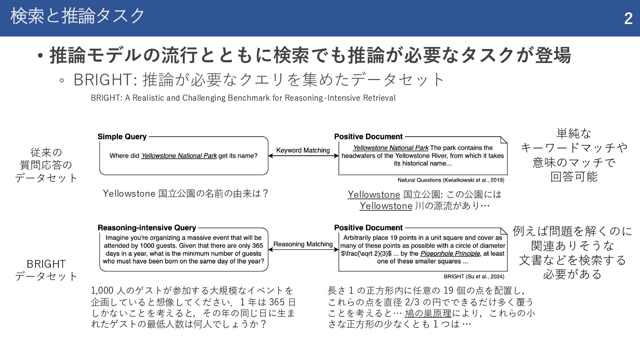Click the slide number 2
tap(628, 18)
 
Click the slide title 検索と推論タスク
tap(77, 16)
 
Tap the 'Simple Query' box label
tap(122, 137)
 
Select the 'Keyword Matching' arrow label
tap(303, 150)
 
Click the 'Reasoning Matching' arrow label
tap(303, 244)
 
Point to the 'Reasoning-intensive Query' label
tap(147, 228)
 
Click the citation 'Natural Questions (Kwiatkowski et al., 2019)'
tap(451, 180)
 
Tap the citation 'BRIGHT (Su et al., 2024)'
tap(474, 276)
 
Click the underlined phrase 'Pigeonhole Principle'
tap(450, 254)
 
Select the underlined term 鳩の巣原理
tap(428, 313)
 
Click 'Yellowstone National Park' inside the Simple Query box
tap(179, 156)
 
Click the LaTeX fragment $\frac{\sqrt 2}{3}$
tap(366, 254)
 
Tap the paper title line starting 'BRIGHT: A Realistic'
tap(243, 98)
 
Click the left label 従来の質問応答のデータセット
tap(46, 165)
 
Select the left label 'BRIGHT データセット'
tap(46, 270)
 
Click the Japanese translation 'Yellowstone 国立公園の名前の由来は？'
tap(185, 194)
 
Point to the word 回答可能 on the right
tap(574, 177)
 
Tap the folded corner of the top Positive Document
tap(504, 140)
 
